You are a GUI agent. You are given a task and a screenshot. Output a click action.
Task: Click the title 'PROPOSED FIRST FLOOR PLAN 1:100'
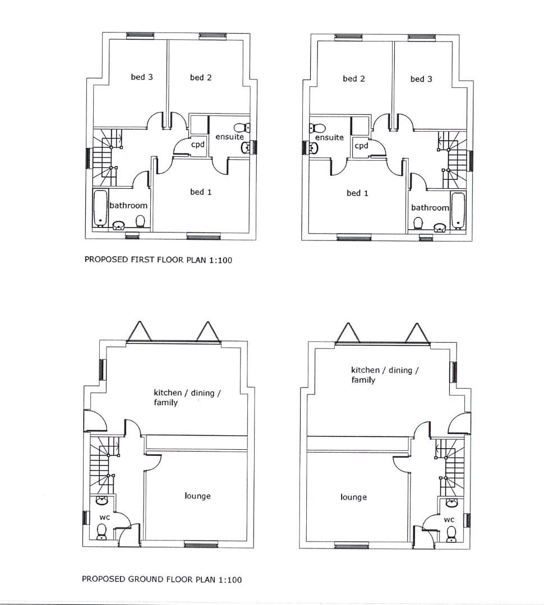click(158, 259)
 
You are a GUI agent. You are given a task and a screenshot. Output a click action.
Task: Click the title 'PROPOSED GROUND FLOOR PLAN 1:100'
click(162, 579)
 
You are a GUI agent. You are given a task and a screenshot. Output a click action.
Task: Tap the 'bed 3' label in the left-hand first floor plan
click(141, 77)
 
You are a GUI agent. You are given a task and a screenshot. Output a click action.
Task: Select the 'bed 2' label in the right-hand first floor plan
click(353, 79)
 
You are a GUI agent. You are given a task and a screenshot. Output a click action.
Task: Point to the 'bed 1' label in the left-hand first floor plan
click(200, 192)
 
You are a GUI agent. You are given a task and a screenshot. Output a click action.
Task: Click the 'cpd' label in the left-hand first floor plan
click(197, 144)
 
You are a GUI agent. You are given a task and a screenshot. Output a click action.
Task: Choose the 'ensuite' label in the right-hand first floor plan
click(329, 137)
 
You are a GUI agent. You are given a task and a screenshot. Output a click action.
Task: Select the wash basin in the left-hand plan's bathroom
click(119, 225)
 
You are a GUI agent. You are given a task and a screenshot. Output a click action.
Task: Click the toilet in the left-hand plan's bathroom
click(140, 221)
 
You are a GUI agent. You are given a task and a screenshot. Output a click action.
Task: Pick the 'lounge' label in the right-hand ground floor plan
click(353, 497)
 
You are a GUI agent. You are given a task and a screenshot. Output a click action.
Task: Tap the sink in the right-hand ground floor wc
click(450, 502)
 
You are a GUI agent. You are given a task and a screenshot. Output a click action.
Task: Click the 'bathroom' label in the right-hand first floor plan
click(430, 208)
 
